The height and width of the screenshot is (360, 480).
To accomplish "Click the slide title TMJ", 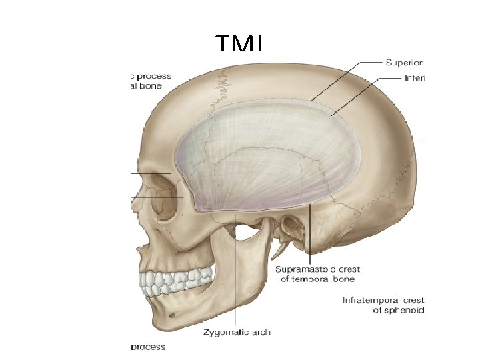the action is tap(239, 45).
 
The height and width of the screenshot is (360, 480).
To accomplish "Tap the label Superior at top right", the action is tap(405, 63).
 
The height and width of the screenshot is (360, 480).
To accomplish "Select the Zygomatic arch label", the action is tap(237, 331).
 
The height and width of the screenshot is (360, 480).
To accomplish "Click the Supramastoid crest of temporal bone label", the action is tap(318, 274).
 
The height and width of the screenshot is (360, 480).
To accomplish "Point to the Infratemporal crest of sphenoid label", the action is tap(383, 305).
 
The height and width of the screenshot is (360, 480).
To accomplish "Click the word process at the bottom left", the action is tap(148, 347).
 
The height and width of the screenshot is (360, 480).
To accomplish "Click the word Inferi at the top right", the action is tap(414, 77).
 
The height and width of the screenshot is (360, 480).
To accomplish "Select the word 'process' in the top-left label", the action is tap(155, 76).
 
